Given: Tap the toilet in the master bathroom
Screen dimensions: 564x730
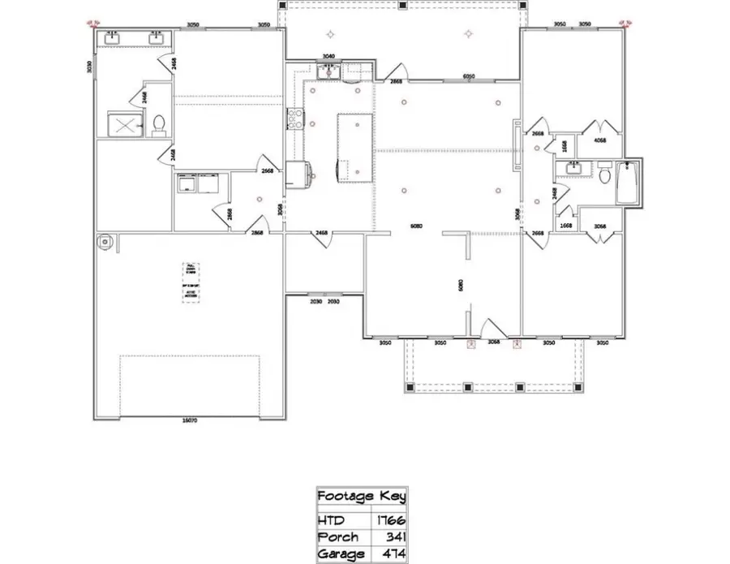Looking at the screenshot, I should [x=159, y=123].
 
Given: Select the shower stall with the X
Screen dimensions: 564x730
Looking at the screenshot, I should [x=124, y=124].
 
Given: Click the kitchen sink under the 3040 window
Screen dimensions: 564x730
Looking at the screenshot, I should [x=328, y=72].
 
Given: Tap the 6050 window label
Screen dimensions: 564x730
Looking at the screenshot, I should [x=469, y=76].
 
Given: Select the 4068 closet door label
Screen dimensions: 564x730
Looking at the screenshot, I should [x=601, y=140].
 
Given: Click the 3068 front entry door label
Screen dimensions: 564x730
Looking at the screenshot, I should [x=493, y=342].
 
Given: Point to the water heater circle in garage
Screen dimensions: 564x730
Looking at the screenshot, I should [x=104, y=240].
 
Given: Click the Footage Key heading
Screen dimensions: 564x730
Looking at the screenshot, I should [x=361, y=496].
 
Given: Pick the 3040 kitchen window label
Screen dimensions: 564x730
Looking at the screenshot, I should [x=328, y=56].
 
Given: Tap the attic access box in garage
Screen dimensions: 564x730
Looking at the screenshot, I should [x=192, y=281].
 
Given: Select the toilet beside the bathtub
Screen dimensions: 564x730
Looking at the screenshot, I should [x=604, y=174].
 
